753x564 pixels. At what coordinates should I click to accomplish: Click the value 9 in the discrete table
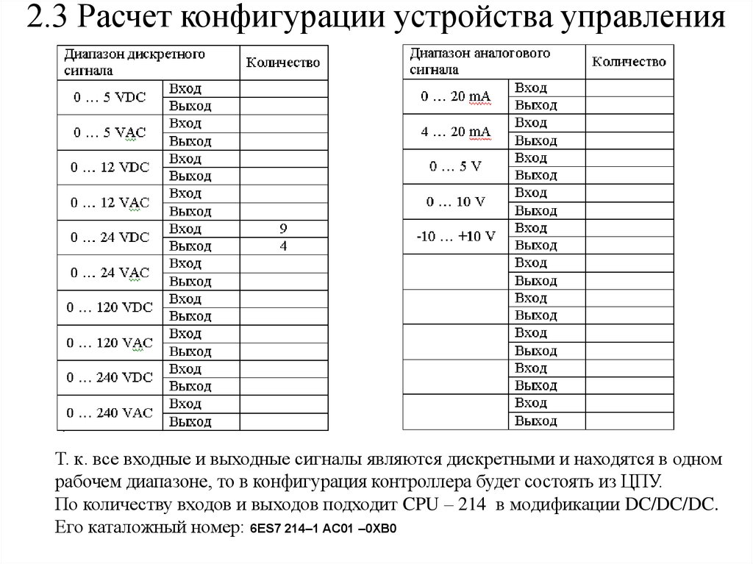click(283, 229)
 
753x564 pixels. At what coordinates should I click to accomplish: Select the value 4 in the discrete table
click(283, 246)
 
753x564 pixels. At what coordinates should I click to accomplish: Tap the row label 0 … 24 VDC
click(110, 238)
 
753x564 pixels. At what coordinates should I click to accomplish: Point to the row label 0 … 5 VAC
click(110, 132)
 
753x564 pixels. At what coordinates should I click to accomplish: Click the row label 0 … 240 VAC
click(110, 413)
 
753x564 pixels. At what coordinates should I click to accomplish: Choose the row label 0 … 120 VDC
click(110, 307)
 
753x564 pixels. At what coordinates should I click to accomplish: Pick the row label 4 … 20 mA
click(456, 132)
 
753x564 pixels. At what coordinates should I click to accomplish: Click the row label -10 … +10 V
click(456, 237)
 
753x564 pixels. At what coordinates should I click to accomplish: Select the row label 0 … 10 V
click(456, 201)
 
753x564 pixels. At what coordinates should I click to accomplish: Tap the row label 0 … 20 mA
click(456, 96)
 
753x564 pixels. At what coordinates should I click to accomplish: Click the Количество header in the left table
click(283, 63)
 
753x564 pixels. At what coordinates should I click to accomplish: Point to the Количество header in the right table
click(629, 62)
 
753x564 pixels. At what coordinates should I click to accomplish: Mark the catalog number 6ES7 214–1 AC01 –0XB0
click(323, 529)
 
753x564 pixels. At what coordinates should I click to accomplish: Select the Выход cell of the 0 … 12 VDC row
click(190, 176)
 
